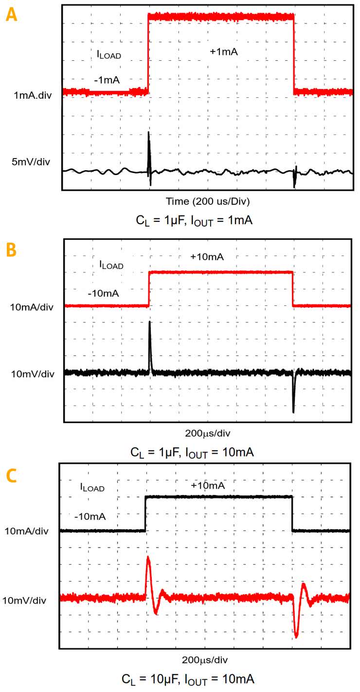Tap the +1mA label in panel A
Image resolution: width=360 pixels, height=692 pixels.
(224, 51)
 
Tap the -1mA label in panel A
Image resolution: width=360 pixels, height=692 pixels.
(107, 80)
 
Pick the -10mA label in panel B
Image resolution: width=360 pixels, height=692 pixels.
(103, 294)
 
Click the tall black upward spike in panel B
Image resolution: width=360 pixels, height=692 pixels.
(150, 340)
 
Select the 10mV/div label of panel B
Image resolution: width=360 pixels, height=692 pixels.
(32, 373)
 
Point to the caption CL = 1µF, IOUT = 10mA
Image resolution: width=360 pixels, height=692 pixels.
(192, 452)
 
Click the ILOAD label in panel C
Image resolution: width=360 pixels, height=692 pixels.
(92, 487)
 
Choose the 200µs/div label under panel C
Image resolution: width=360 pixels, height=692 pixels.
(205, 659)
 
